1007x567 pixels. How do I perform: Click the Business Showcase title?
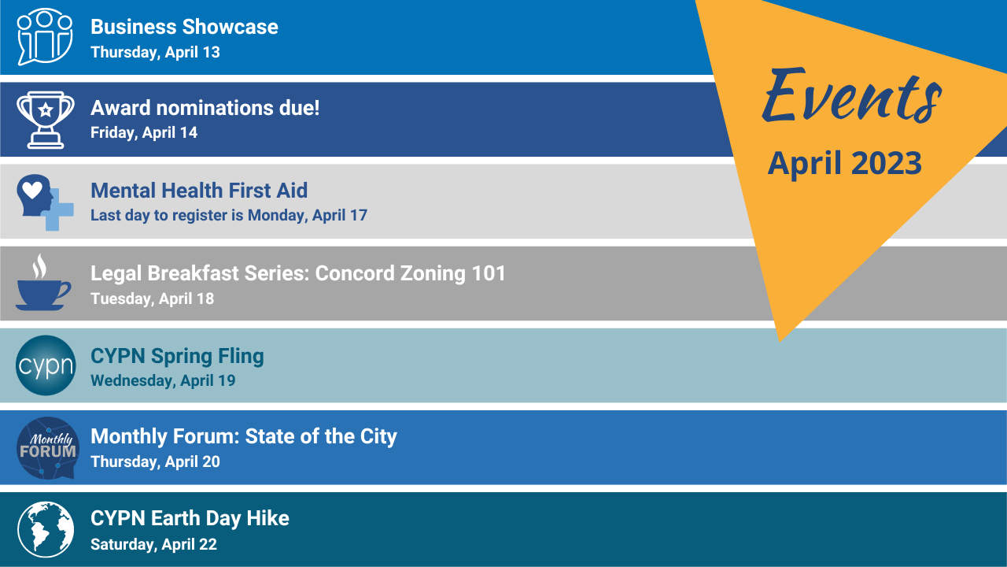184,27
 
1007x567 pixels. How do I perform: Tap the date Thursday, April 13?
155,53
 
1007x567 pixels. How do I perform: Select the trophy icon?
46,119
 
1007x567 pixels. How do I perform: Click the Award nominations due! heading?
205,108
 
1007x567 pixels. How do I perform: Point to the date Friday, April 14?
144,133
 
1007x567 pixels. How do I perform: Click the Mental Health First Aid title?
199,191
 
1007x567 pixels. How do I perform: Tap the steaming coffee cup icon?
42,283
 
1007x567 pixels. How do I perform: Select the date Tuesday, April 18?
152,299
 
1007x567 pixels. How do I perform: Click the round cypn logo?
46,366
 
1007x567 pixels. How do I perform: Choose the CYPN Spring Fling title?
177,356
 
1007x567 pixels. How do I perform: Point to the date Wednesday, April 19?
163,381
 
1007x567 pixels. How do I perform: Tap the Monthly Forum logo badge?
48,448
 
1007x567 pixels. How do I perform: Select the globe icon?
46,530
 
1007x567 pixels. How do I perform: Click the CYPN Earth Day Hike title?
190,518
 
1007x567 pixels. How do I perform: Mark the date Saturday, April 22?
153,544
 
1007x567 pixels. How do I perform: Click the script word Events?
851,96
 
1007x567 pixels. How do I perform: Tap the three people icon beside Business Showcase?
45,36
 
